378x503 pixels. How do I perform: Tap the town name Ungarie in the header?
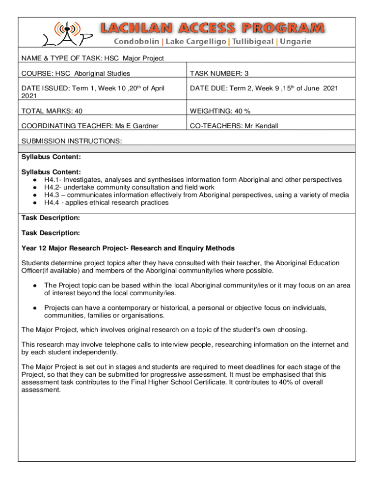[x=295, y=42]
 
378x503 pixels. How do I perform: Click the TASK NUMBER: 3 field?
[x=219, y=73]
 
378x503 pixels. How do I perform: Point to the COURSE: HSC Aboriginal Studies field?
[x=76, y=73]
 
